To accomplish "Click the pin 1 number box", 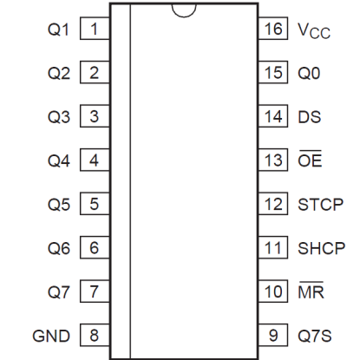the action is pos(95,29).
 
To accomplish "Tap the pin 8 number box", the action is pos(95,335).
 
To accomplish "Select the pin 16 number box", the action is pos(273,29).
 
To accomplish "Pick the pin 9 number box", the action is pos(273,335).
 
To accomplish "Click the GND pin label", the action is pos(51,336).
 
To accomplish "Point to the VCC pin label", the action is pos(314,30).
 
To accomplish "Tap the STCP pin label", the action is pos(320,205).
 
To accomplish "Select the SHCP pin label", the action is pos(321,248).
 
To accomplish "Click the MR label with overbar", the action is pos(311,290).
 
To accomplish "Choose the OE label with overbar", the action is pos(310,159).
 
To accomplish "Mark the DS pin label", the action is pos(310,117).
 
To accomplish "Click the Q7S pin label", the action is pos(315,336).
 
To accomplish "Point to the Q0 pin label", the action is pos(309,73).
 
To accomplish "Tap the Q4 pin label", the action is pos(59,160).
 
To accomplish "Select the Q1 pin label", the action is pos(58,29).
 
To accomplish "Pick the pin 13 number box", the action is pos(273,160).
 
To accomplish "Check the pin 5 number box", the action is pos(95,204).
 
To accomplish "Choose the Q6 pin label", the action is pos(59,248).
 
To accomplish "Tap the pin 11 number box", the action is pos(273,247).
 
